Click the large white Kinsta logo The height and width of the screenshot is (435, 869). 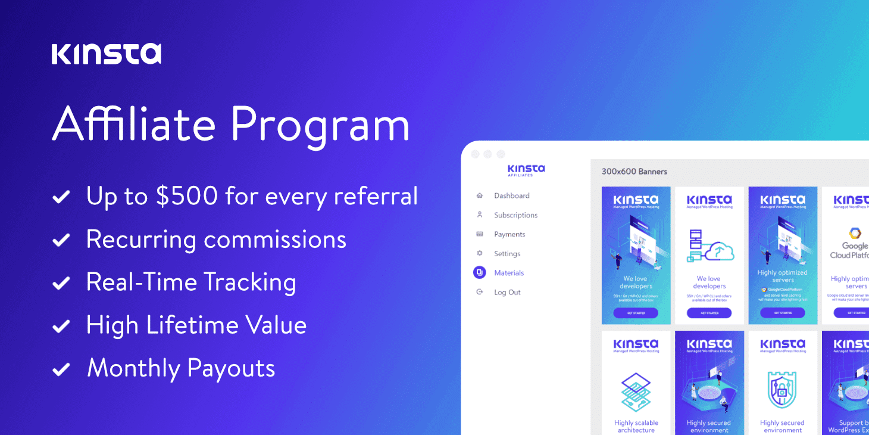pyautogui.click(x=106, y=54)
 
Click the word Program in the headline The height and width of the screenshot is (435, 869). pyautogui.click(x=320, y=124)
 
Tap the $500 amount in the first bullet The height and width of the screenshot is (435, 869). pyautogui.click(x=189, y=196)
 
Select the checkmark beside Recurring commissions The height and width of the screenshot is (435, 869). pyautogui.click(x=61, y=240)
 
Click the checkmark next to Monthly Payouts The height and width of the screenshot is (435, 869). pyautogui.click(x=61, y=369)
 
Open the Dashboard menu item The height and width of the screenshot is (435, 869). pyautogui.click(x=511, y=195)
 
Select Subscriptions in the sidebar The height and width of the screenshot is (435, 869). pyautogui.click(x=515, y=215)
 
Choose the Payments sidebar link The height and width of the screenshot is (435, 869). pyautogui.click(x=509, y=234)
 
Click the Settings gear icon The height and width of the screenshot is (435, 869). pyautogui.click(x=480, y=253)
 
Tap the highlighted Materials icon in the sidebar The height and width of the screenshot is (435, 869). pyautogui.click(x=480, y=273)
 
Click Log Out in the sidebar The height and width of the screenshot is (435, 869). pyautogui.click(x=507, y=292)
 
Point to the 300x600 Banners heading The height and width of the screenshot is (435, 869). pyautogui.click(x=634, y=172)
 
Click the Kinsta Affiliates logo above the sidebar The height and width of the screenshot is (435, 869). pyautogui.click(x=526, y=170)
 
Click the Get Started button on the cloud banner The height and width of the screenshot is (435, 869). pyautogui.click(x=709, y=313)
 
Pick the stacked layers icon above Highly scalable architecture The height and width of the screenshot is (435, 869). pyautogui.click(x=636, y=392)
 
